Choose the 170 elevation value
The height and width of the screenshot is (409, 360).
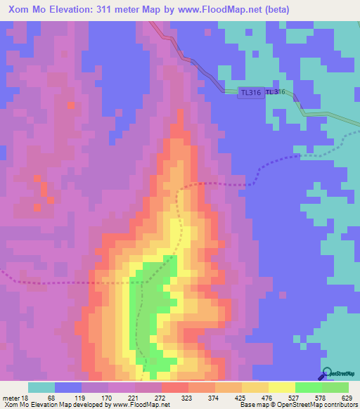click(x=108, y=397)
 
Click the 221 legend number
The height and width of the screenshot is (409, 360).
click(x=134, y=397)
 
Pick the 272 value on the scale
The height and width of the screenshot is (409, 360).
click(x=161, y=397)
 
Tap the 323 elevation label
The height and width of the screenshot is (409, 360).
click(x=188, y=397)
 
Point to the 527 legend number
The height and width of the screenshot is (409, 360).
click(x=295, y=397)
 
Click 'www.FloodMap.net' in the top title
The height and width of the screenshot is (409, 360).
click(x=217, y=10)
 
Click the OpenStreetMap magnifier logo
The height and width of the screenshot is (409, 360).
click(x=326, y=374)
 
